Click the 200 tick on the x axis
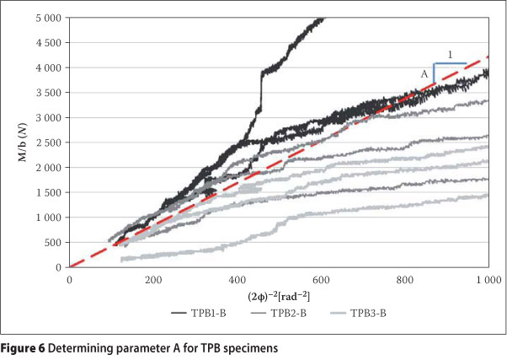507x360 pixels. (x=153, y=278)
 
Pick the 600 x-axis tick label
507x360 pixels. (x=322, y=278)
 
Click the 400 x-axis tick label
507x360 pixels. (x=237, y=278)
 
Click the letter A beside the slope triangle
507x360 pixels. (x=425, y=74)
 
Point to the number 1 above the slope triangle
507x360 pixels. (x=451, y=56)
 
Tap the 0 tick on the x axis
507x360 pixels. (x=69, y=278)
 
